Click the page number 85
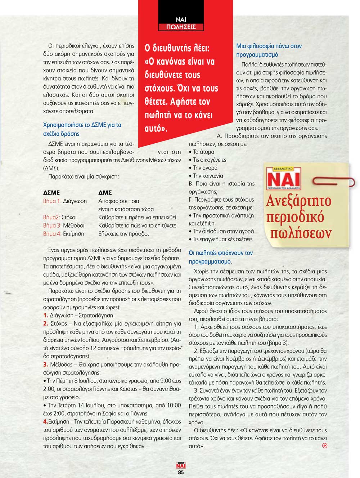coord(181,472)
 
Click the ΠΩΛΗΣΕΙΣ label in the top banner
coord(181,27)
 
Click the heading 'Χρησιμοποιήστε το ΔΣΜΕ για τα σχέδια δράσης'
coord(82,129)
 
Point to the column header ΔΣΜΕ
coord(51,193)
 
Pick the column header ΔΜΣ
coord(105,193)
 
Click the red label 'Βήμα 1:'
coord(52,201)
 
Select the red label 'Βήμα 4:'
coord(52,233)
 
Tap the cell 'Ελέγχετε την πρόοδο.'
coord(123,233)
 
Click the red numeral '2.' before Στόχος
coord(46,323)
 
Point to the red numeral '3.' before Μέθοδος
coord(46,365)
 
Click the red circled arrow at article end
coord(325,446)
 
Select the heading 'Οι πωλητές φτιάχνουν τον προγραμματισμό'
coord(221,257)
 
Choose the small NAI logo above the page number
coord(181,465)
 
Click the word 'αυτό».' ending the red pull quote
coord(156,128)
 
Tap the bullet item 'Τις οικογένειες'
coord(209,160)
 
